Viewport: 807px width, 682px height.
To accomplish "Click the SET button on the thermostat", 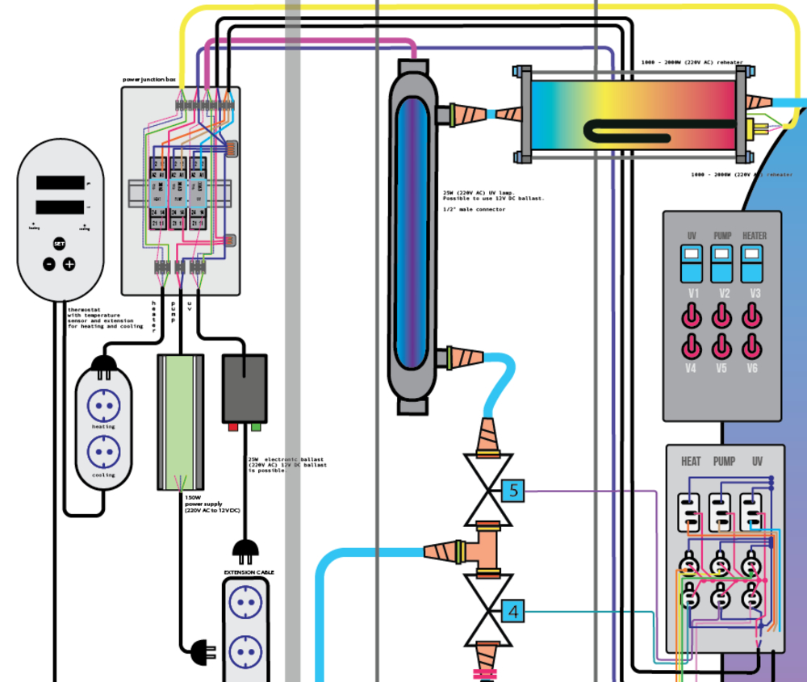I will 59,243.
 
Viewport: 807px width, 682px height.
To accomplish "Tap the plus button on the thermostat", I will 69,264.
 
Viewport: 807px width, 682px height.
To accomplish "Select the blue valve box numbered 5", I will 512,490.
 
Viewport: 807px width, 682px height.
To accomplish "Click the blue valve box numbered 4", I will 512,612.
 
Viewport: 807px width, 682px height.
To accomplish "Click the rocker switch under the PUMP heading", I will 722,263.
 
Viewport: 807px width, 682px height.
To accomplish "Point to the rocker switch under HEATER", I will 753,263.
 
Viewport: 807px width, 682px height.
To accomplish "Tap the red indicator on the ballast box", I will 233,426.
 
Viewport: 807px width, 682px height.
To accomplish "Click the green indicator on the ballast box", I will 256,426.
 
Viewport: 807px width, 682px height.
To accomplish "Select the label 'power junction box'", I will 148,80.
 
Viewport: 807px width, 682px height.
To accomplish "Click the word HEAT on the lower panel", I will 691,462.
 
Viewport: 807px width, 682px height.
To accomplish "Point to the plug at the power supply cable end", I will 197,647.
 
